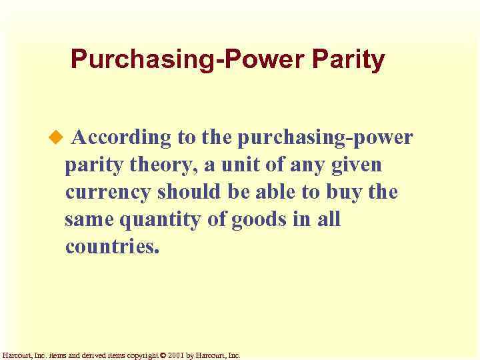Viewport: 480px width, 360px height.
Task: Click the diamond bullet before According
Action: click(x=56, y=137)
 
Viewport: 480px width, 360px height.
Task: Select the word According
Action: click(x=122, y=138)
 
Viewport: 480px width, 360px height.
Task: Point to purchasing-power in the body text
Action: click(x=325, y=138)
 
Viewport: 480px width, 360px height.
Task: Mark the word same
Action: click(x=89, y=219)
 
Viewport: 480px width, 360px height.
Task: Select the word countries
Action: click(x=113, y=247)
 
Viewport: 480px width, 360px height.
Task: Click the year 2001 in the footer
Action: click(x=175, y=356)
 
